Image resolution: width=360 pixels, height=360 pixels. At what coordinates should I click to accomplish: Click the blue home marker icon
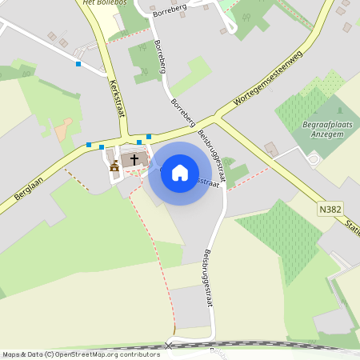(180, 172)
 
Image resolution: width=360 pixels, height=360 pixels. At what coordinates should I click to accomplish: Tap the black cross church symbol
(134, 159)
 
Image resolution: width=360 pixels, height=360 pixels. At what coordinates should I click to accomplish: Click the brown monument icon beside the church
(114, 166)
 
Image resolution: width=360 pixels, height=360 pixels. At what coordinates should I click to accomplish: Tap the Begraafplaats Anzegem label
(324, 128)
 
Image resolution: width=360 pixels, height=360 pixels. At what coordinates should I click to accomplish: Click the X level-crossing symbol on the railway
(168, 346)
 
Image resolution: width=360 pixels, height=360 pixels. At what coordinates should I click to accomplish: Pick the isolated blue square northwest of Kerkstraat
(78, 63)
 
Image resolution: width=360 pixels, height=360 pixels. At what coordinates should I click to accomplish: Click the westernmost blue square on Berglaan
(88, 145)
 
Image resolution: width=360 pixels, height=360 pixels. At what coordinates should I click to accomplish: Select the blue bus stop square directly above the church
(139, 142)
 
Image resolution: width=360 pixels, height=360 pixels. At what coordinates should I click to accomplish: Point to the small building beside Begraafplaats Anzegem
(270, 149)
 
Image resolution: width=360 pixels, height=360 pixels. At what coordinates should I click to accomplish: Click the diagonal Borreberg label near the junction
(184, 114)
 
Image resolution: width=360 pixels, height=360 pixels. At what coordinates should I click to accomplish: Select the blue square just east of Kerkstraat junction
(149, 137)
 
